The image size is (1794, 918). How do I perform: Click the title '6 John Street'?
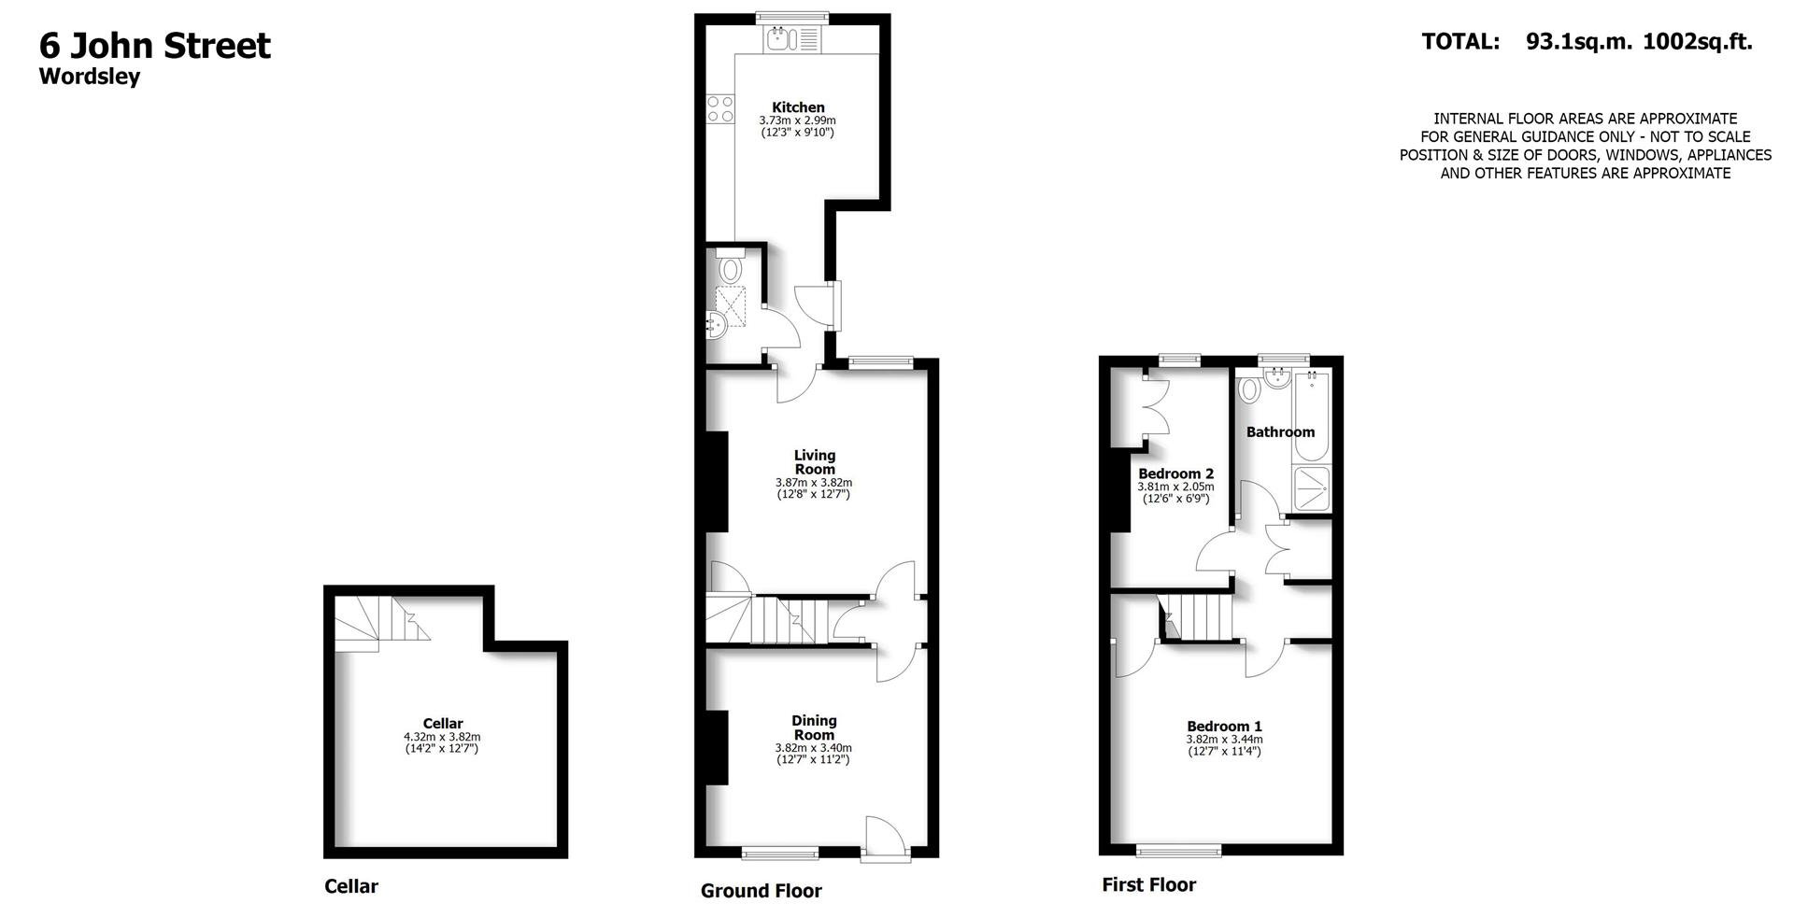coord(155,46)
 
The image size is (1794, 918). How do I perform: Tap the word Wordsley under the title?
coord(90,77)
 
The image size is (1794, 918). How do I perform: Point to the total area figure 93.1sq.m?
coord(1578,41)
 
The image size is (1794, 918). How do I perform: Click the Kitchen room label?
coord(798,107)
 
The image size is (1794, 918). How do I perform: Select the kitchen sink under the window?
coord(780,39)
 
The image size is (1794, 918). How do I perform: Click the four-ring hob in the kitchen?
coord(720,108)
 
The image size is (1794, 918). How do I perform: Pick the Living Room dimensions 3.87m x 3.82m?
coord(813,483)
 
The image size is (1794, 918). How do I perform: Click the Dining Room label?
coord(814,727)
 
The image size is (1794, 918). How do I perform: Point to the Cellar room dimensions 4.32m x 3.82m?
coord(442,737)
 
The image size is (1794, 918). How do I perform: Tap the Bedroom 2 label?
coord(1175,473)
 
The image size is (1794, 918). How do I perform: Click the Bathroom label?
coord(1280,431)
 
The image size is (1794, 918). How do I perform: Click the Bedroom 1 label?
coord(1224,726)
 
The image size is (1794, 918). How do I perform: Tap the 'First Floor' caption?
coord(1148,884)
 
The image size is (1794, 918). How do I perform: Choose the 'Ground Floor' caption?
coord(761,891)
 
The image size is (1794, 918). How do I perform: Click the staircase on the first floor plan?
coord(1201,616)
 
